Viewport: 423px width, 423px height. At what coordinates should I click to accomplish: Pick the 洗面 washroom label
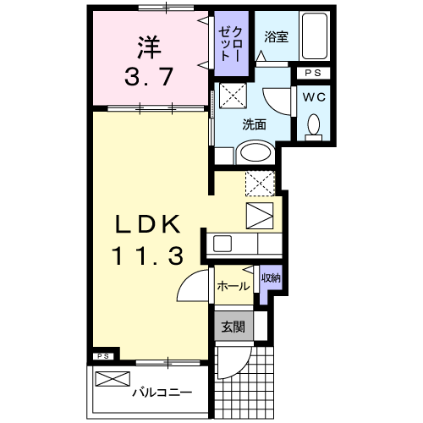click(x=255, y=124)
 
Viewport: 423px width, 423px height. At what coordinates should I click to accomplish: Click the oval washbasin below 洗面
click(x=254, y=152)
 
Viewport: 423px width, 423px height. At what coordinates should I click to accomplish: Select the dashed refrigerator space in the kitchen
click(x=261, y=182)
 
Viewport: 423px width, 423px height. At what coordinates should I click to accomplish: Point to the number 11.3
click(x=147, y=255)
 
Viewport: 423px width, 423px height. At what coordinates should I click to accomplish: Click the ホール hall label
click(x=233, y=287)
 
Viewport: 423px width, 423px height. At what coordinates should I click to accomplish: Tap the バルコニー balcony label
click(x=162, y=392)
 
